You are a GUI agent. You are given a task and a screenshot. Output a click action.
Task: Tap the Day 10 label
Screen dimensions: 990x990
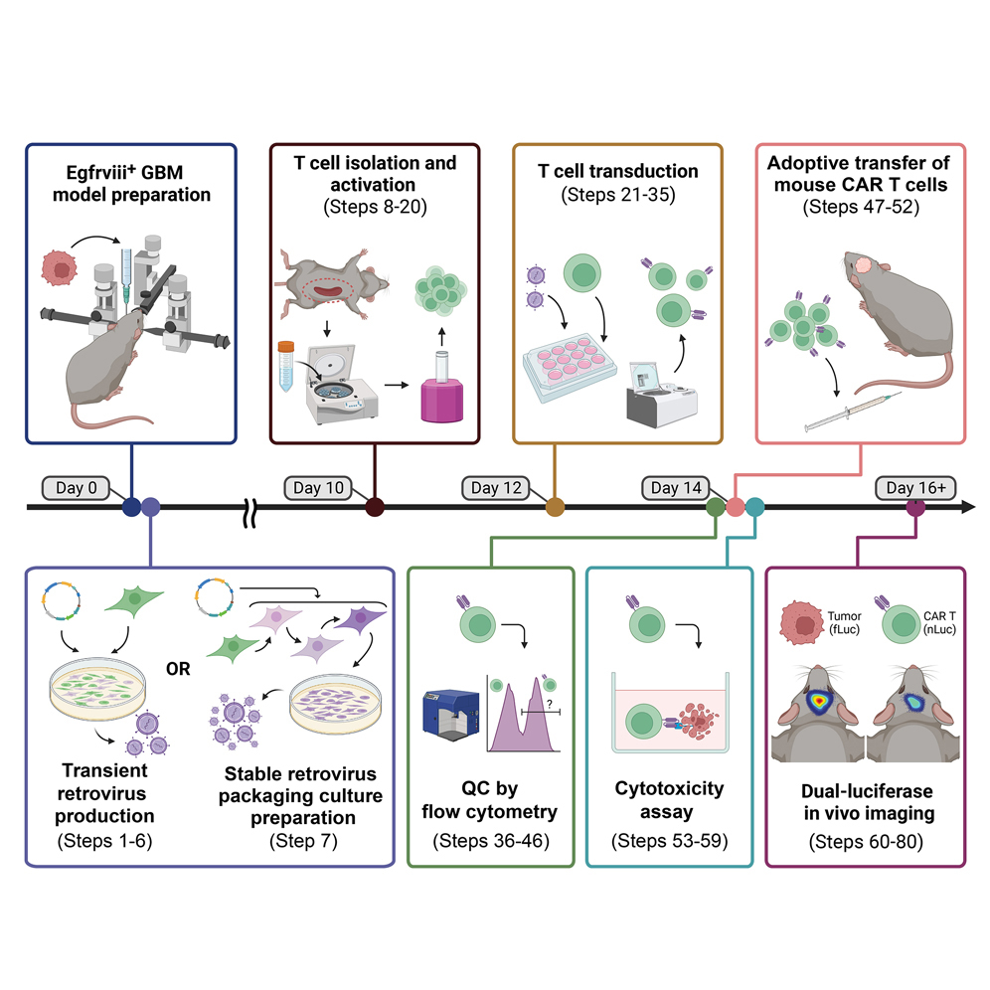pyautogui.click(x=320, y=487)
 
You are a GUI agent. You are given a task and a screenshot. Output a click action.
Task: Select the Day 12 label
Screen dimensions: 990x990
pyautogui.click(x=498, y=487)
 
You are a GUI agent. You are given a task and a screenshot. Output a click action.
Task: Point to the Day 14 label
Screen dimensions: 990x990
pyautogui.click(x=676, y=487)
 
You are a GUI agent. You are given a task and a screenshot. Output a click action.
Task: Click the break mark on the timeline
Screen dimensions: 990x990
pyautogui.click(x=252, y=508)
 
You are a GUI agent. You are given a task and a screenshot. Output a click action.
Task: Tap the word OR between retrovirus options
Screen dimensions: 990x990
pyautogui.click(x=179, y=668)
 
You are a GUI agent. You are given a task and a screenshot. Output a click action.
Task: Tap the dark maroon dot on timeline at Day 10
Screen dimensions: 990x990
pyautogui.click(x=375, y=508)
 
